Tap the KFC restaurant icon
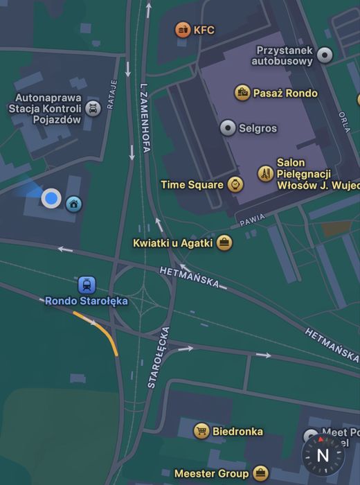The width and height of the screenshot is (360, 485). click(x=183, y=30)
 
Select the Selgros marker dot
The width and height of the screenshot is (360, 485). click(x=228, y=128)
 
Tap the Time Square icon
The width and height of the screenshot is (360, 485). click(x=236, y=185)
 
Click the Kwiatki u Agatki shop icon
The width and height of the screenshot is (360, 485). click(x=224, y=242)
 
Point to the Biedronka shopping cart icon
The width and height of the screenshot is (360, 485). click(x=201, y=431)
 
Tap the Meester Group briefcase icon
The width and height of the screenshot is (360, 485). click(x=260, y=474)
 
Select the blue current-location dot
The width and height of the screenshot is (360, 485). click(x=51, y=199)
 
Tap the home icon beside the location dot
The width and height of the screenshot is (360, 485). click(x=73, y=204)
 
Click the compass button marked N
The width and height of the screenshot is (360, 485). click(x=322, y=455)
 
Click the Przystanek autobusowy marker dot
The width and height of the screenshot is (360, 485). click(x=324, y=55)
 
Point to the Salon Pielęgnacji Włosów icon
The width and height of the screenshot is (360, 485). click(x=264, y=173)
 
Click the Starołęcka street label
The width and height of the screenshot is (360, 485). click(x=159, y=357)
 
